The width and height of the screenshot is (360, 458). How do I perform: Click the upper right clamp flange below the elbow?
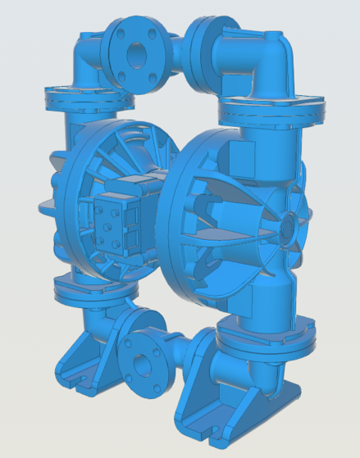coord(271,107)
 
